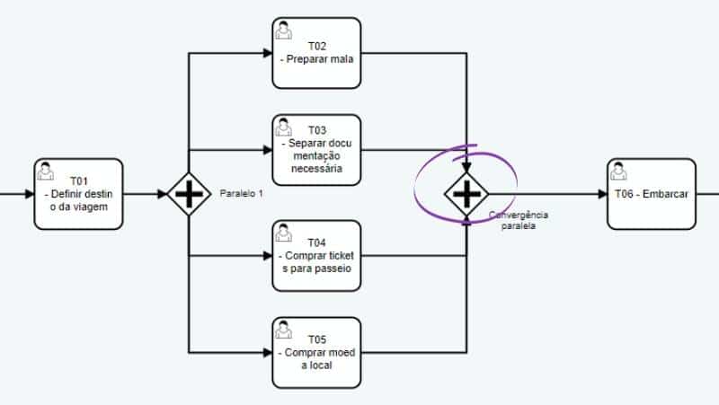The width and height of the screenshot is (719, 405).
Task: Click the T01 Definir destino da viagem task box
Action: (x=78, y=194)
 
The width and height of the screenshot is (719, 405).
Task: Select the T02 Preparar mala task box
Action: (x=316, y=53)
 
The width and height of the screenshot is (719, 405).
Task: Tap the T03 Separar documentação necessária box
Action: (x=316, y=150)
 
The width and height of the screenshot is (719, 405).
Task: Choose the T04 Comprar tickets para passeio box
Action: (x=316, y=255)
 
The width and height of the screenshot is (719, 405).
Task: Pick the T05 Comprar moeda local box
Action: (x=316, y=351)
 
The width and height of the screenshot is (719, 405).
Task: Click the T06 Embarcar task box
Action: (x=651, y=194)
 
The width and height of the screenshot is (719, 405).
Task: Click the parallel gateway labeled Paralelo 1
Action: (x=187, y=194)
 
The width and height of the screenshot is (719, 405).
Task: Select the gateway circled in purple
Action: (x=467, y=194)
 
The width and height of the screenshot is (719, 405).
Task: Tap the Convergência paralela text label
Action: (x=519, y=220)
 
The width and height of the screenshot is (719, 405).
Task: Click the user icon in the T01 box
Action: (x=45, y=171)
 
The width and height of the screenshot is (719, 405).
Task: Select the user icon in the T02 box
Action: (x=283, y=30)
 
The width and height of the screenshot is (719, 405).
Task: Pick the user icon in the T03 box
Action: (x=283, y=127)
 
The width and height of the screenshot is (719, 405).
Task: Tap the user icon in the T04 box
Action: (x=283, y=232)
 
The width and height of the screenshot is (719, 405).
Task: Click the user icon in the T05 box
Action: (x=283, y=328)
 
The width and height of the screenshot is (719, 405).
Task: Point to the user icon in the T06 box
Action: (x=618, y=171)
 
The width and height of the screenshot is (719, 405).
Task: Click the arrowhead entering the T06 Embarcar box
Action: (x=601, y=194)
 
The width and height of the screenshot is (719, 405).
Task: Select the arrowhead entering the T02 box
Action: (x=267, y=53)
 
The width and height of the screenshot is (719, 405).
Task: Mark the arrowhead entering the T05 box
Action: (x=267, y=351)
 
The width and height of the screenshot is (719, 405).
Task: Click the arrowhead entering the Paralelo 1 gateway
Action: (x=162, y=194)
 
